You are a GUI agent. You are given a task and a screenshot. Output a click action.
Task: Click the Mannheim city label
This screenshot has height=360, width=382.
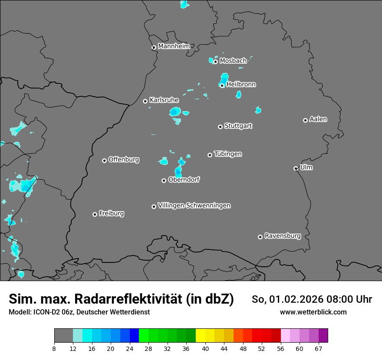click(174, 46)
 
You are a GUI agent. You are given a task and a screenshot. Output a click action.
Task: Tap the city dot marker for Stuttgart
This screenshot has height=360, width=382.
click(220, 127)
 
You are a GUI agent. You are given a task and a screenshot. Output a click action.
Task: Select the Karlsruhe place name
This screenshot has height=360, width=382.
click(164, 100)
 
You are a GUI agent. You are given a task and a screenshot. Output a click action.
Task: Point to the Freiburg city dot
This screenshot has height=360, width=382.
click(95, 214)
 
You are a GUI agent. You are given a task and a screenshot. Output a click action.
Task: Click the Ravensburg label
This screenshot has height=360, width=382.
click(283, 236)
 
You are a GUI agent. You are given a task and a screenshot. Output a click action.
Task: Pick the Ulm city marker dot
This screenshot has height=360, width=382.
click(296, 168)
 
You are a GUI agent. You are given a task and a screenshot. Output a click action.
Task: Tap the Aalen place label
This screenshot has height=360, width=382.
click(318, 119)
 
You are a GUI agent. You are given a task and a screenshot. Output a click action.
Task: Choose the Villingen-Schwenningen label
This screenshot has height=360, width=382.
click(194, 206)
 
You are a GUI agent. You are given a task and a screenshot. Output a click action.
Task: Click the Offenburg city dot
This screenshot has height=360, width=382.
click(104, 160)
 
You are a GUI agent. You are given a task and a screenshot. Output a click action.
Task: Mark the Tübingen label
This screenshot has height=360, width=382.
click(228, 154)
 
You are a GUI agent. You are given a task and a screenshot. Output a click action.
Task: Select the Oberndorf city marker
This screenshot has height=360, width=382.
click(164, 180)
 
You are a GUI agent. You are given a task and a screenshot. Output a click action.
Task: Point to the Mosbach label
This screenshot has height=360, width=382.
click(233, 61)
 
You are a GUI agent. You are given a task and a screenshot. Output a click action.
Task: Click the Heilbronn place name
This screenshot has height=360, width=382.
click(241, 85)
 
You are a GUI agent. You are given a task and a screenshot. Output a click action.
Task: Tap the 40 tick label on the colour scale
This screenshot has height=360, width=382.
click(205, 348)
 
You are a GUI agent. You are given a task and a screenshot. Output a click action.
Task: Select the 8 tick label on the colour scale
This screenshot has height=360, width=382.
click(54, 348)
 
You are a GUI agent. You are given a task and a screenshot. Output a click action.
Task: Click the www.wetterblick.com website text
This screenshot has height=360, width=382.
click(313, 312)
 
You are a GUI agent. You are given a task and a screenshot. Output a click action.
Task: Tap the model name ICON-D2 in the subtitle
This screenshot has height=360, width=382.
click(45, 312)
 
